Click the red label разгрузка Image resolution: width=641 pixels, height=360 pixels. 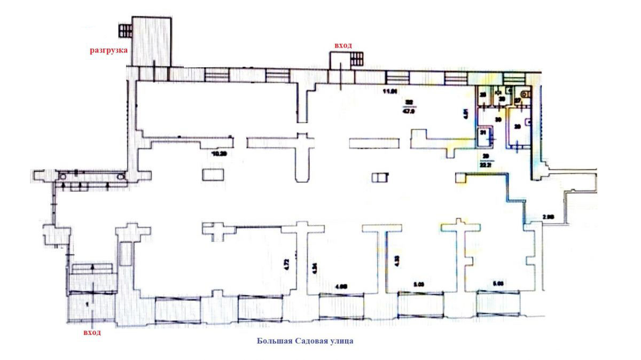(107, 50)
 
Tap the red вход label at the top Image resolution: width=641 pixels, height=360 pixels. (343, 46)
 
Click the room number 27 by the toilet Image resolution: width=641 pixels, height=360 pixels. (517, 100)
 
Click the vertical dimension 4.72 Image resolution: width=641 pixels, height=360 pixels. (286, 264)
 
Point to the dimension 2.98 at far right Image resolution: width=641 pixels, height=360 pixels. (550, 216)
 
